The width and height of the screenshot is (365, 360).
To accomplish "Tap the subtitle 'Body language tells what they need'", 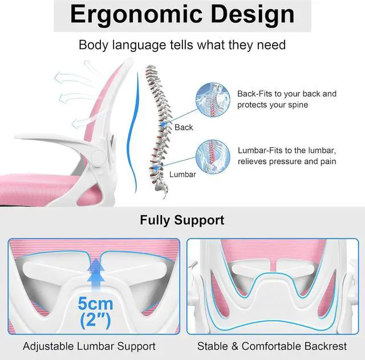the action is point(182,45).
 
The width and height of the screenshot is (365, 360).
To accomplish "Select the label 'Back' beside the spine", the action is point(184,127).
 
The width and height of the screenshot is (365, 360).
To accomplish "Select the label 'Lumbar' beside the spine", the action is point(183,173).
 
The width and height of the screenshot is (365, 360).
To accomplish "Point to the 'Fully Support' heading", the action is point(182,220).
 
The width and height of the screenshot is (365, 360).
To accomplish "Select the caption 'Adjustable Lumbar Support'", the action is point(89,346).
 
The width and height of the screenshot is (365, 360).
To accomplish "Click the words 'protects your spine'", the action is point(273,105).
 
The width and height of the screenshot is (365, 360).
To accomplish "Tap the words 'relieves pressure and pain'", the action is point(287,161).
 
